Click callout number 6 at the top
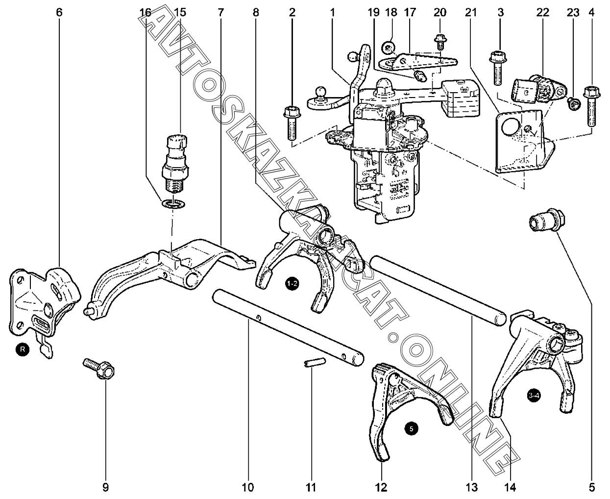coord(59,12)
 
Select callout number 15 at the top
coord(180,12)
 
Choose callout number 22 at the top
coord(542,12)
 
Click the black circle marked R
coord(22,349)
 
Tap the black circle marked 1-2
coord(292,284)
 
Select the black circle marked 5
coord(412,428)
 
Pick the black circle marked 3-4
coord(535,396)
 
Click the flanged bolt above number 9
coord(99,368)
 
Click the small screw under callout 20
coord(440,41)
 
